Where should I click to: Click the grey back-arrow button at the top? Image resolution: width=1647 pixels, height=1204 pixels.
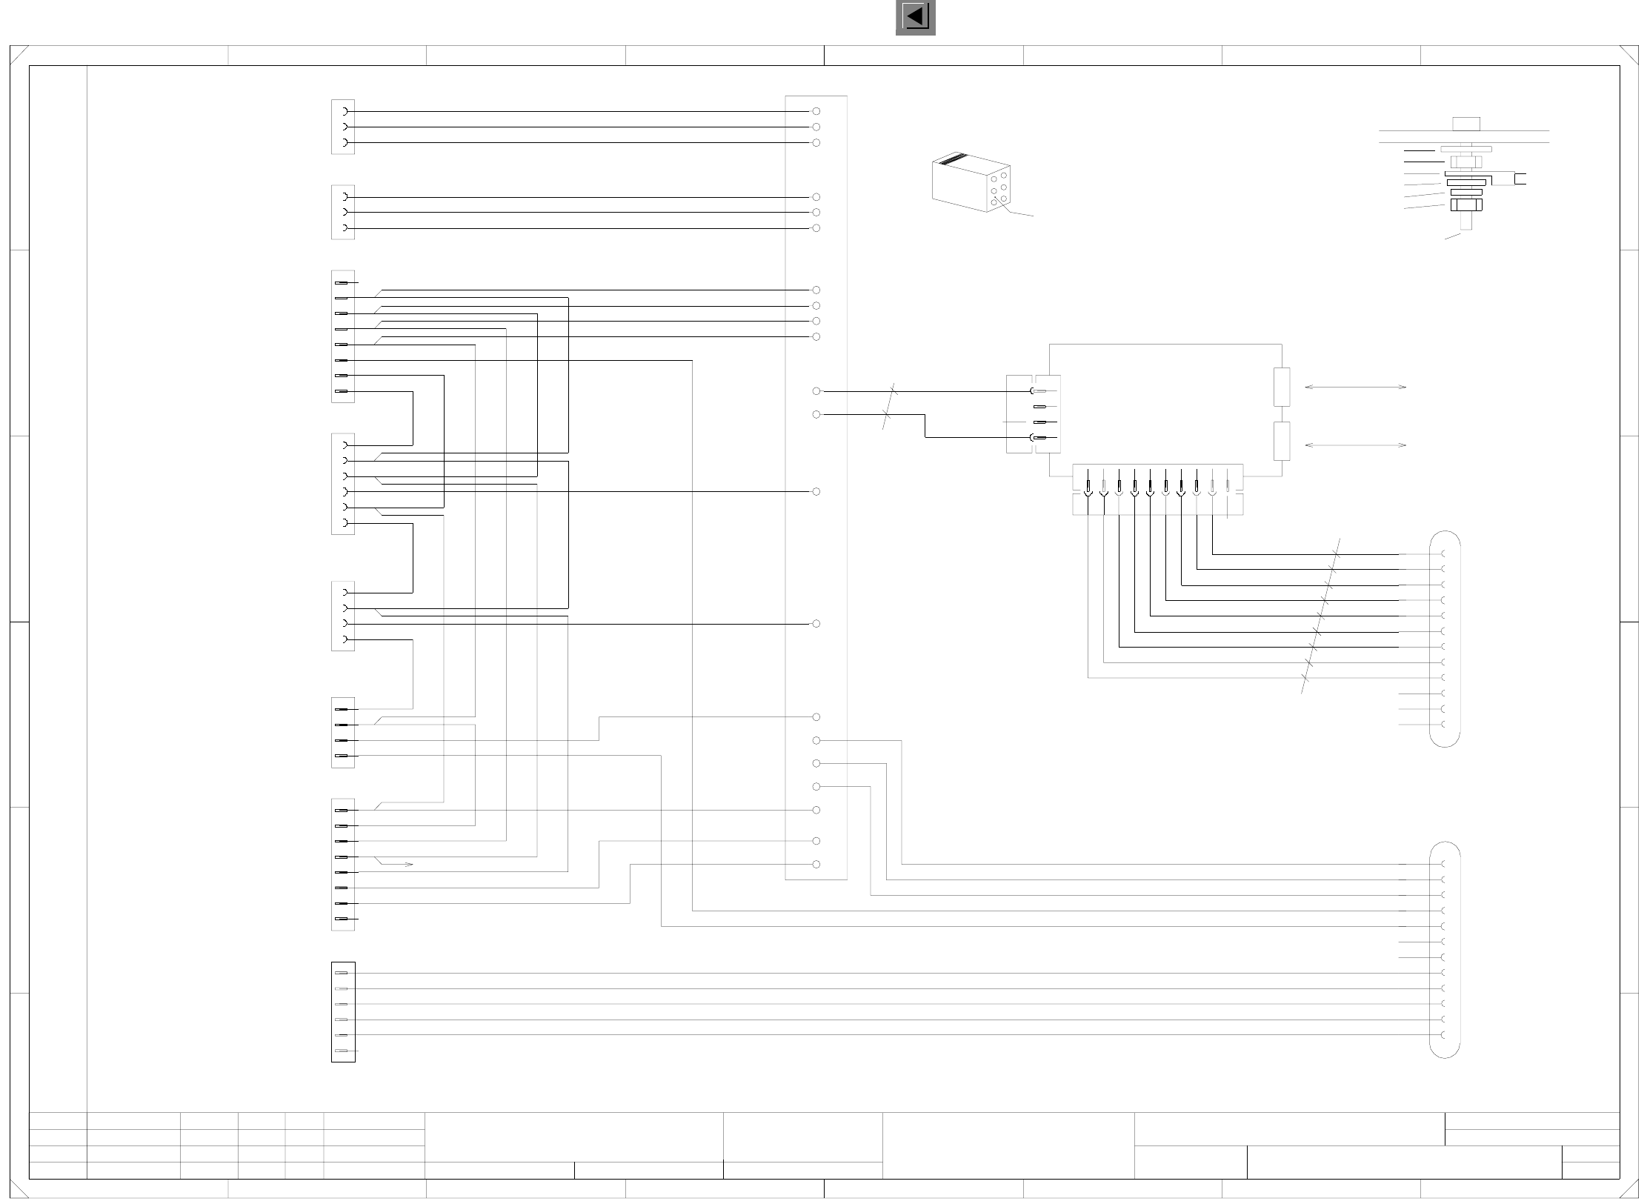pyautogui.click(x=915, y=17)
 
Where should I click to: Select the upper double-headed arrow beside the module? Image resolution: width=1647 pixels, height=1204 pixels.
pyautogui.click(x=1355, y=387)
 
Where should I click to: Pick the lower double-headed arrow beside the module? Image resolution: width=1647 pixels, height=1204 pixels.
pyautogui.click(x=1355, y=445)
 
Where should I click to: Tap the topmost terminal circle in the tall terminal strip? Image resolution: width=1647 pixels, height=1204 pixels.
pyautogui.click(x=816, y=111)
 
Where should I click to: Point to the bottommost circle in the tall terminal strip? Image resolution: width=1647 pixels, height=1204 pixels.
pyautogui.click(x=816, y=865)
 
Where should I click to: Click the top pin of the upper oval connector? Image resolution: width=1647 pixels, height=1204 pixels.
pyautogui.click(x=1445, y=554)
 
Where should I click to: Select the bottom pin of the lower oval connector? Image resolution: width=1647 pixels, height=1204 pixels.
pyautogui.click(x=1445, y=1035)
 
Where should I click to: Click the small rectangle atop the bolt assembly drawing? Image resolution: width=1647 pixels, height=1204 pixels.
pyautogui.click(x=1466, y=124)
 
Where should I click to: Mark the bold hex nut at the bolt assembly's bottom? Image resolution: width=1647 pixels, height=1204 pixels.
pyautogui.click(x=1466, y=204)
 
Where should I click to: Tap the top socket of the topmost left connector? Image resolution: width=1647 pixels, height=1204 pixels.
pyautogui.click(x=345, y=111)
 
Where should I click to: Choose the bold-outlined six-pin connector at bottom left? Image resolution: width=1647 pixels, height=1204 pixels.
pyautogui.click(x=343, y=1012)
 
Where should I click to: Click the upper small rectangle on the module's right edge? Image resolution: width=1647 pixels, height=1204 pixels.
pyautogui.click(x=1282, y=387)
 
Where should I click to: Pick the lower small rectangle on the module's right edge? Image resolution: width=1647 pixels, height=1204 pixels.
pyautogui.click(x=1282, y=442)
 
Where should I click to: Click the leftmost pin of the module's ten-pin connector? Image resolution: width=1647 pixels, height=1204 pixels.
pyautogui.click(x=1088, y=488)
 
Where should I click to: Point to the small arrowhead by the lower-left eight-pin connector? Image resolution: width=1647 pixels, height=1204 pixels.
pyautogui.click(x=408, y=865)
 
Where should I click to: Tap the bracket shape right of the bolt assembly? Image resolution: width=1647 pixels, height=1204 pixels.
pyautogui.click(x=1520, y=179)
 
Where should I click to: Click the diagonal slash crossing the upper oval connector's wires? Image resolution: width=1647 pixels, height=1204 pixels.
pyautogui.click(x=1320, y=615)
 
